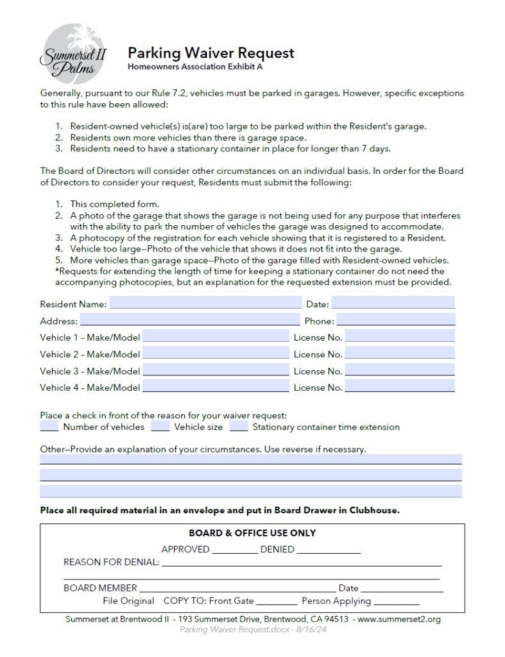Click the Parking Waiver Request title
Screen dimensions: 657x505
click(210, 53)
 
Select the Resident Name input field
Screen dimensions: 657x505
click(205, 303)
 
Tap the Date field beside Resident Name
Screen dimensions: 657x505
click(393, 303)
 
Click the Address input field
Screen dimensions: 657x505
click(189, 320)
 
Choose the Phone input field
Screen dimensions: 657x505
click(395, 320)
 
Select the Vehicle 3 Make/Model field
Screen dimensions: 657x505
click(216, 370)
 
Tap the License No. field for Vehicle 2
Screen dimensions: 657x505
click(400, 354)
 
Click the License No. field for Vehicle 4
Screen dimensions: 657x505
click(400, 387)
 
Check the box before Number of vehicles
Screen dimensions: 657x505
click(49, 426)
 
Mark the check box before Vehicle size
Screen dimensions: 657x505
click(160, 426)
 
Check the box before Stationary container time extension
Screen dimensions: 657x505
click(239, 426)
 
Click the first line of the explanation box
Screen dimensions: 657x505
click(250, 459)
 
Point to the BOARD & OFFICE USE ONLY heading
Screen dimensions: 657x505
click(252, 533)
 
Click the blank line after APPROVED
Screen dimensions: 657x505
click(234, 550)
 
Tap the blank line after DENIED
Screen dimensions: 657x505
click(329, 550)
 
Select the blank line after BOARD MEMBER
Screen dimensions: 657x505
click(237, 588)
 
